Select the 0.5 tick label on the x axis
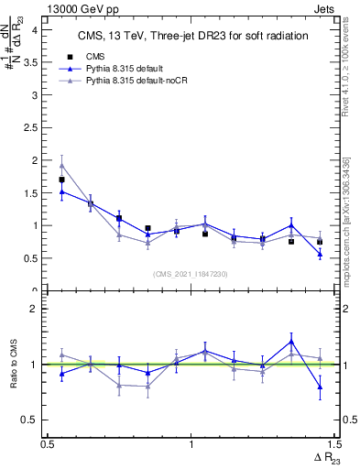pos(48,443)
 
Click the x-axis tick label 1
pos(191,443)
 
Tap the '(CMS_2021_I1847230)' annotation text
pos(191,273)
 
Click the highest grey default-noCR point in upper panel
pos(61,166)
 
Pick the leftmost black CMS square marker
pos(61,180)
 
